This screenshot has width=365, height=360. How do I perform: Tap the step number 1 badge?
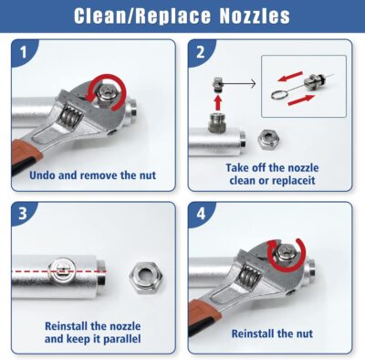pyautogui.click(x=25, y=53)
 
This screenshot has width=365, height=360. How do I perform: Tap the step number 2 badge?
pyautogui.click(x=202, y=53)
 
